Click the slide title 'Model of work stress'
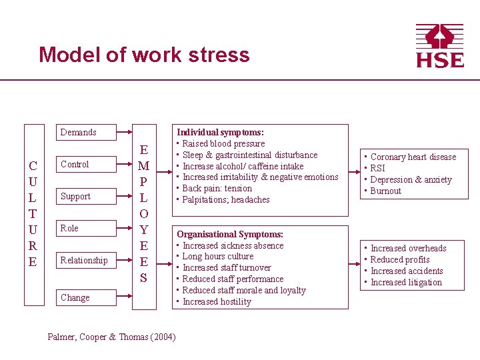point(144,55)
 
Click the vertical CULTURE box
point(33,213)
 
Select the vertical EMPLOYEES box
point(143,213)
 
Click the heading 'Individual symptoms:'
point(220,133)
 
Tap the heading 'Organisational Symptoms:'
point(230,234)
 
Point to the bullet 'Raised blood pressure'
point(223,143)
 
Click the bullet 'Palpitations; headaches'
point(226,199)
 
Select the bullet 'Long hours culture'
point(218,256)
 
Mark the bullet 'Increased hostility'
point(217,301)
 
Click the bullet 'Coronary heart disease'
point(413,157)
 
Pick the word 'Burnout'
point(386,191)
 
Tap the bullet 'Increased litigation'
point(406,282)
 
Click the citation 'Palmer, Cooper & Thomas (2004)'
point(112,337)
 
